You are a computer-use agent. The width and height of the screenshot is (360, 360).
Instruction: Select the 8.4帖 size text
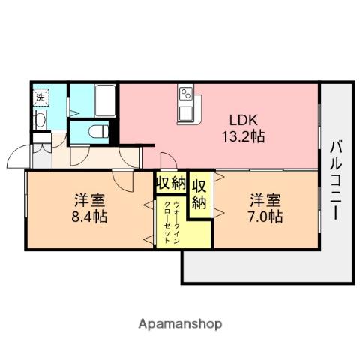point(89,217)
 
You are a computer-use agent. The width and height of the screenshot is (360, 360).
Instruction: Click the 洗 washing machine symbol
point(40,96)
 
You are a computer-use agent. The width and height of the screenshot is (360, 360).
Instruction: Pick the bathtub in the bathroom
point(105,99)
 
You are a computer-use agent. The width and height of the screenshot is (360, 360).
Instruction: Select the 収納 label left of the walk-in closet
point(170,184)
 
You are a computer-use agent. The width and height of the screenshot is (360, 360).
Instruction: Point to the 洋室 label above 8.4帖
point(89,200)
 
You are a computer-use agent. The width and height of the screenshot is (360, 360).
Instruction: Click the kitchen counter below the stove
point(187,114)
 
